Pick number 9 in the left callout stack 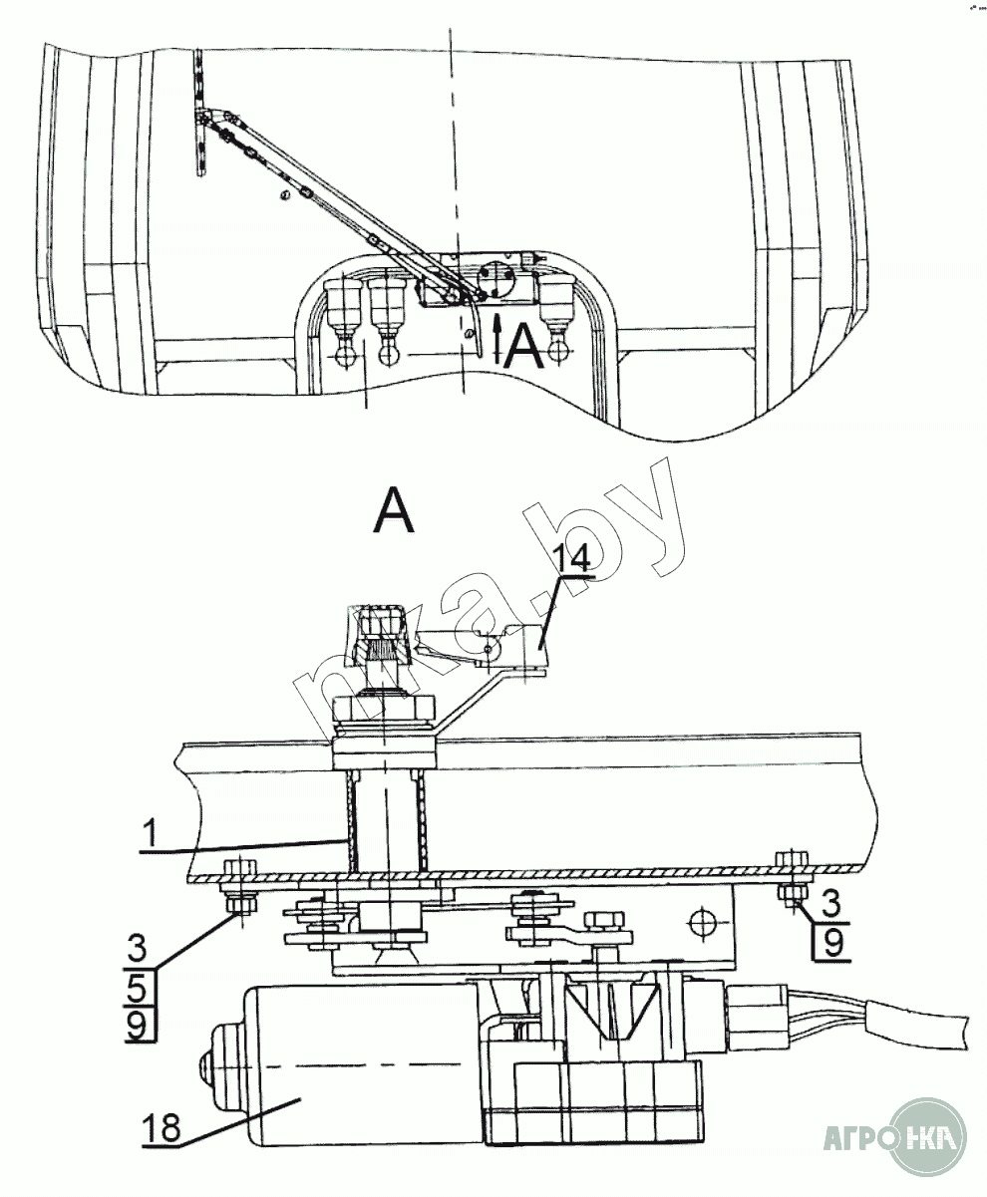(140, 1023)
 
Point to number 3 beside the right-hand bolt (831, 905)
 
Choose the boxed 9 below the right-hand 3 (833, 940)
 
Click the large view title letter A (394, 512)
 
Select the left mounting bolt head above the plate (237, 865)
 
